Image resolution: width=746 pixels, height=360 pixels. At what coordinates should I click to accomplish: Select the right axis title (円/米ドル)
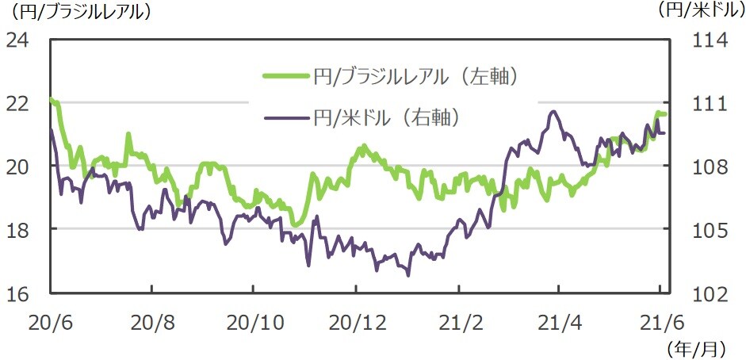point(698,11)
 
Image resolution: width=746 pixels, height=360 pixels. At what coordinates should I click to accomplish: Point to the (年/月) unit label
point(695,347)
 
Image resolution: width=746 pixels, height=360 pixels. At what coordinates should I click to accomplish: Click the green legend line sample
point(285,76)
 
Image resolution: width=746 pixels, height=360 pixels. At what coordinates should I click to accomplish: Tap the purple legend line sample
point(285,118)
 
